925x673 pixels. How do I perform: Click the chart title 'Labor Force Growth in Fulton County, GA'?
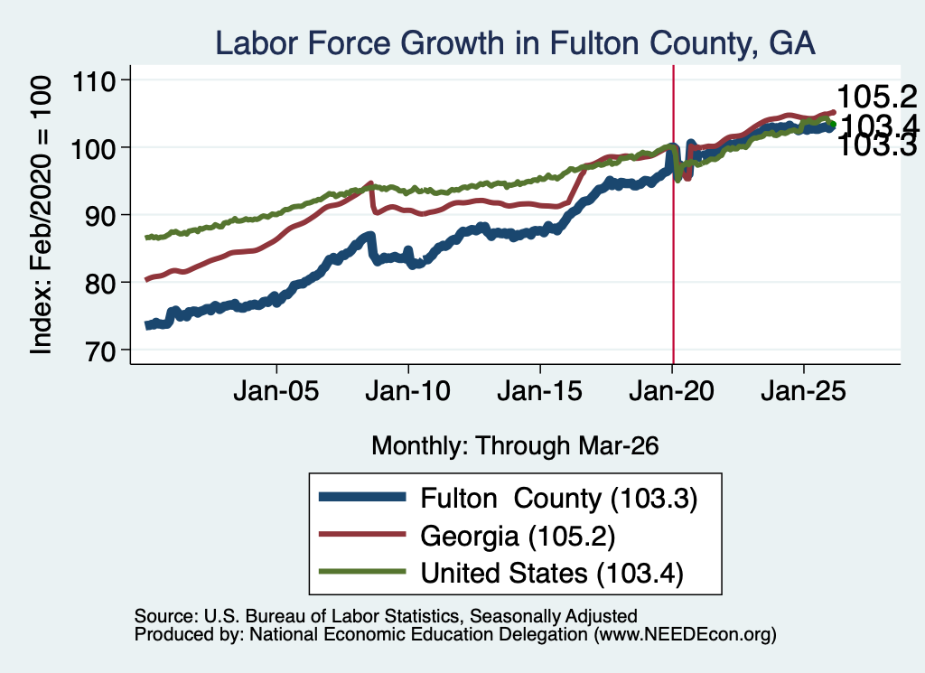click(x=515, y=43)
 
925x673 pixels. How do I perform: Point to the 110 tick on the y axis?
click(x=93, y=80)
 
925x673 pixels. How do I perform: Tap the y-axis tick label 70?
click(x=100, y=351)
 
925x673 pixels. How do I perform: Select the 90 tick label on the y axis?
click(x=100, y=215)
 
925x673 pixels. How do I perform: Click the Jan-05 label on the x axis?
click(x=276, y=391)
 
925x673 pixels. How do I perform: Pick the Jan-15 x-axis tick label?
click(x=540, y=391)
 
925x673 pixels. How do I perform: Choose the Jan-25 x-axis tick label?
click(x=803, y=391)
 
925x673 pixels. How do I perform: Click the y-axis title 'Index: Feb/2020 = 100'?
click(x=42, y=215)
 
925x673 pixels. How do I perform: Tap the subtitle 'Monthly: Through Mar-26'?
click(x=515, y=445)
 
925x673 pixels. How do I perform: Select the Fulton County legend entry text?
click(x=558, y=499)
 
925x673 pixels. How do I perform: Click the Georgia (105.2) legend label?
click(x=518, y=536)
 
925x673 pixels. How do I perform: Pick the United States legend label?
click(x=552, y=573)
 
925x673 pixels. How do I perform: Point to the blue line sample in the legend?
click(x=362, y=497)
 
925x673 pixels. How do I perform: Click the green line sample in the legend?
click(x=362, y=572)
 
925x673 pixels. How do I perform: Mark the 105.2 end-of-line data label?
click(x=876, y=96)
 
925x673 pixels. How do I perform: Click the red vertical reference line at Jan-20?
click(x=673, y=215)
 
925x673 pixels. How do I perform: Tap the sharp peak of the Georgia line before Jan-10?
click(x=370, y=182)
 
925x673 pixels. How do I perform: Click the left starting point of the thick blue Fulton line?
click(x=147, y=325)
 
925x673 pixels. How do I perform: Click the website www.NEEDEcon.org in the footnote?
click(x=685, y=634)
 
